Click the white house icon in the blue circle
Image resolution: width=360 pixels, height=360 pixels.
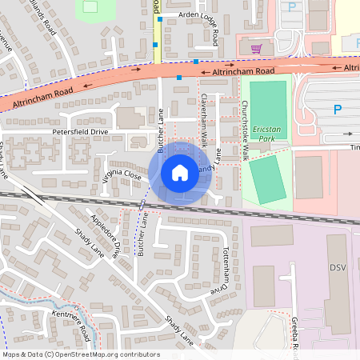pyautogui.click(x=179, y=172)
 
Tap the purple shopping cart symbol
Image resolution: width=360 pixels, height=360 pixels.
pyautogui.click(x=256, y=49)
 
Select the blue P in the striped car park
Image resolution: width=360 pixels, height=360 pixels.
pyautogui.click(x=337, y=110)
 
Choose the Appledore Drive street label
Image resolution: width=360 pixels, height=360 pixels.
pyautogui.click(x=105, y=234)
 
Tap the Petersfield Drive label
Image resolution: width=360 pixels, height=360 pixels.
pyautogui.click(x=79, y=130)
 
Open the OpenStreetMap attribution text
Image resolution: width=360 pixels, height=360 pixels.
pyautogui.click(x=81, y=354)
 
